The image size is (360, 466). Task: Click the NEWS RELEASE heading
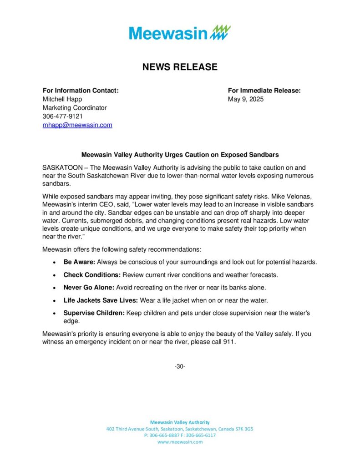point(180,67)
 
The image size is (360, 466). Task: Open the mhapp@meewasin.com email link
point(77,125)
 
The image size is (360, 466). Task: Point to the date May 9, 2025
point(246,99)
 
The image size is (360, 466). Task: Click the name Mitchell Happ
point(62,99)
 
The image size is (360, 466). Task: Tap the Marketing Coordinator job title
point(75,108)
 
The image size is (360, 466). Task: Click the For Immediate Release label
point(264,91)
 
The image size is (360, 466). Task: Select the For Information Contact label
point(81,91)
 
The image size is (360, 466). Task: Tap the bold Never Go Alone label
point(89,288)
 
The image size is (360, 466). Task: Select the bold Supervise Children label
point(94,313)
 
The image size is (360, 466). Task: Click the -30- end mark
point(180,366)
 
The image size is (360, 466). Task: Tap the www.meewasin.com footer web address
point(180,442)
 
